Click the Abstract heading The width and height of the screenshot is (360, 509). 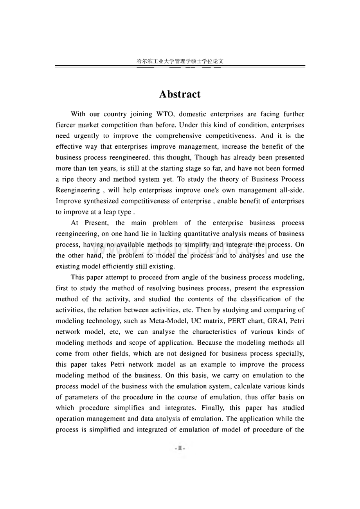coord(180,94)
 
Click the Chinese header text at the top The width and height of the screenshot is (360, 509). coord(180,61)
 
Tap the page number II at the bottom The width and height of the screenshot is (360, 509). coord(180,448)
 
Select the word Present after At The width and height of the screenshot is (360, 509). coord(97,223)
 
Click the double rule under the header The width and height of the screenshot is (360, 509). coord(180,67)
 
